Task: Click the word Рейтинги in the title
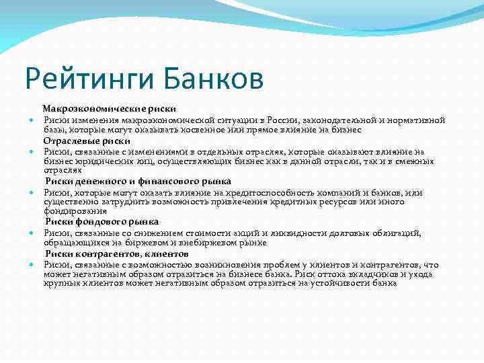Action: pos(87,78)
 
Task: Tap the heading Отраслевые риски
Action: pos(87,141)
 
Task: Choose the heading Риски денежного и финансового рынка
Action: pos(138,181)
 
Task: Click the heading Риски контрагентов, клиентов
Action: pos(117,254)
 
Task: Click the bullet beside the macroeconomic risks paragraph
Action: pos(32,120)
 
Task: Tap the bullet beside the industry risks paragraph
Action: pos(32,153)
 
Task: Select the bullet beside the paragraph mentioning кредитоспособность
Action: pos(32,193)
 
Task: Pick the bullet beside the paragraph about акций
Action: pos(32,233)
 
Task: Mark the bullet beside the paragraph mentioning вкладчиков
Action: pos(32,266)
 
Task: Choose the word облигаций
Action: pos(396,233)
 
